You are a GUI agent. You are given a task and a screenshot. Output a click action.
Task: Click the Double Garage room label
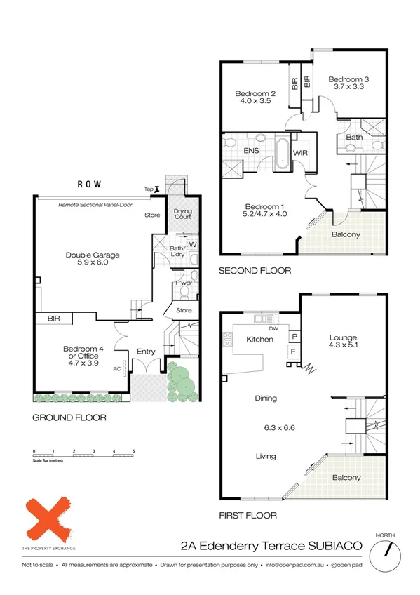point(93,255)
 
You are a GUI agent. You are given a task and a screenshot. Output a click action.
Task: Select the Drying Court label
point(182,214)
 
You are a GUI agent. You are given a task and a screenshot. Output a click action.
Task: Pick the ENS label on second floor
point(252,151)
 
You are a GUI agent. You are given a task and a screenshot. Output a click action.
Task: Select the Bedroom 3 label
point(348,80)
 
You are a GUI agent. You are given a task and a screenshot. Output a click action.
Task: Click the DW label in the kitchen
point(274,328)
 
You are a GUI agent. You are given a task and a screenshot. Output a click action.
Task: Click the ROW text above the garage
point(88,184)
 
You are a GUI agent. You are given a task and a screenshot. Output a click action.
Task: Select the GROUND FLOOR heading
point(69,417)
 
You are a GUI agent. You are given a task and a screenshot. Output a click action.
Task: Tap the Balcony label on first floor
point(346,478)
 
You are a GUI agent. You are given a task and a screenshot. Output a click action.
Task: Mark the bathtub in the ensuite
point(282,152)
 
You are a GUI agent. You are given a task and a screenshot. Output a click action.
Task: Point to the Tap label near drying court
point(148,189)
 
